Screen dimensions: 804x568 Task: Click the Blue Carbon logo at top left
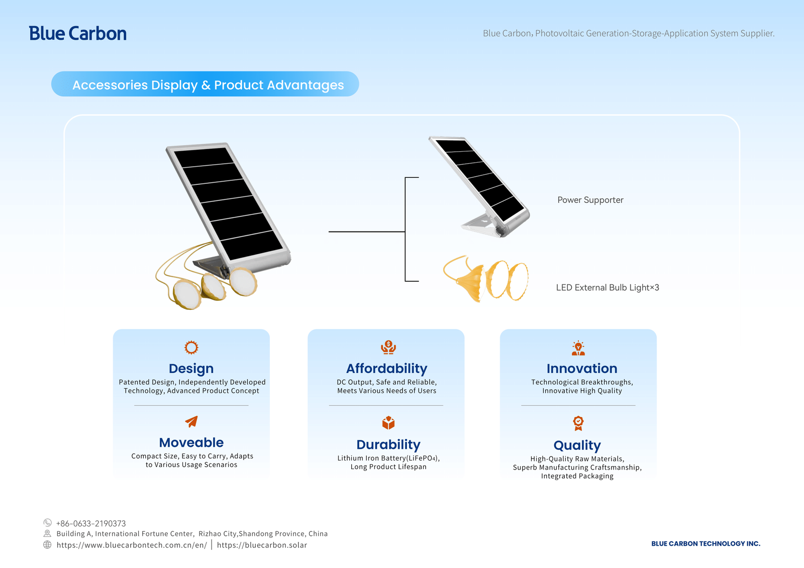click(77, 33)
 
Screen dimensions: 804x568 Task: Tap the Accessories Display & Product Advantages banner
click(205, 84)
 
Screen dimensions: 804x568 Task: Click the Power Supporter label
click(590, 200)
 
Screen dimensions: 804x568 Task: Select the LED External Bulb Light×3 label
click(608, 287)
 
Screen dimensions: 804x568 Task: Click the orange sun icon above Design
click(191, 348)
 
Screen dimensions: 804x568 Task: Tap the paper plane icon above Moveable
click(191, 421)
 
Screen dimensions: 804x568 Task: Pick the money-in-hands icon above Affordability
click(388, 348)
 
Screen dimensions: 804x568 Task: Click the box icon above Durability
click(388, 423)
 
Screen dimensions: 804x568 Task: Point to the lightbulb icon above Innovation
click(578, 348)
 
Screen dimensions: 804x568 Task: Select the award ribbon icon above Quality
click(578, 423)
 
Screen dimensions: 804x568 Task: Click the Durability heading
click(388, 444)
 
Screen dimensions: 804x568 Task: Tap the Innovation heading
click(582, 368)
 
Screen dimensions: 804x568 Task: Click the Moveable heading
click(191, 442)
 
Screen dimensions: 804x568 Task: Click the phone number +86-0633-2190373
click(91, 523)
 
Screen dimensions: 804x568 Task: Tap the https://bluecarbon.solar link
click(262, 545)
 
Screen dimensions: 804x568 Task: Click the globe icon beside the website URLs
click(47, 545)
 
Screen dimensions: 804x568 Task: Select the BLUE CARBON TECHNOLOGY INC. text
click(706, 543)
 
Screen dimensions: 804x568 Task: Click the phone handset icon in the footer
click(47, 522)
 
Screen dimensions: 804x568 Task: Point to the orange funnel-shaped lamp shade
click(471, 282)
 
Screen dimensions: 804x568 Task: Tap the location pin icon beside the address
click(47, 533)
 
